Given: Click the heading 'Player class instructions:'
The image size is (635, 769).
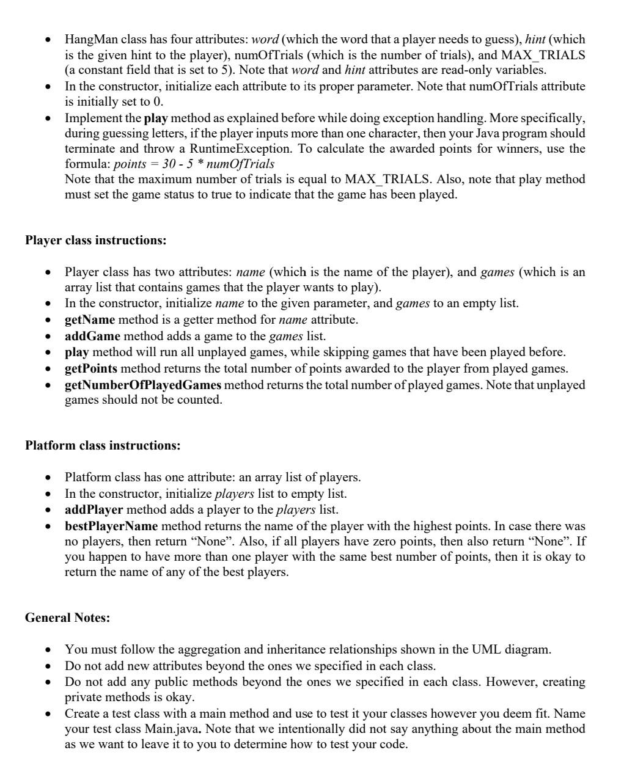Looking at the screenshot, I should (95, 240).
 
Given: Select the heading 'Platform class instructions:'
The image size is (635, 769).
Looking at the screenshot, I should (103, 445).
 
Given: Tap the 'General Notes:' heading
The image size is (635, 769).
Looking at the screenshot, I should (67, 618).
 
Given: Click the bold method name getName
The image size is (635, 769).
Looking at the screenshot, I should (90, 319).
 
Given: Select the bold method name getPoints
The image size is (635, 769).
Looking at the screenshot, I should (91, 368).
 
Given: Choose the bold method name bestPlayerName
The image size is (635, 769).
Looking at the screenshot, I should (111, 526).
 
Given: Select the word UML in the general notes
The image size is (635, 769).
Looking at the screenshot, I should (486, 649).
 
